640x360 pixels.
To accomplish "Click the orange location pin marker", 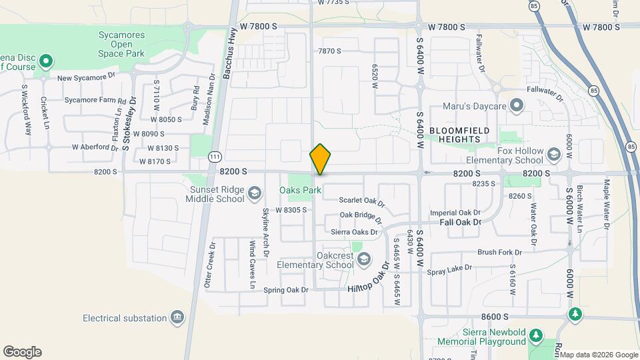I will tap(320, 159).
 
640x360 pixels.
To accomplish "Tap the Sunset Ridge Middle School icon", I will tap(253, 194).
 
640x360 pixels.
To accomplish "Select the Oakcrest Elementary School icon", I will tap(363, 260).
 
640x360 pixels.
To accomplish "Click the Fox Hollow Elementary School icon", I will tap(553, 155).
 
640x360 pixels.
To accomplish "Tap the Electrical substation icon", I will tap(177, 317).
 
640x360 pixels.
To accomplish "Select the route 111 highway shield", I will tap(214, 155).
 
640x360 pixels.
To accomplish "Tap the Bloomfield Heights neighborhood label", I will tap(459, 135).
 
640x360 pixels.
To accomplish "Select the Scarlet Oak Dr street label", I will tap(362, 201).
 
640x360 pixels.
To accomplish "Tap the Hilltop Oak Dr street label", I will tap(369, 282).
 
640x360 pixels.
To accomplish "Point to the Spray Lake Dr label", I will tap(449, 269).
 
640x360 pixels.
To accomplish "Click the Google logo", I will tap(22, 352).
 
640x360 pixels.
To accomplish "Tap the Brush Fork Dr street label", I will tap(499, 253).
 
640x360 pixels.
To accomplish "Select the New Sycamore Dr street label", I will tap(86, 78).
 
